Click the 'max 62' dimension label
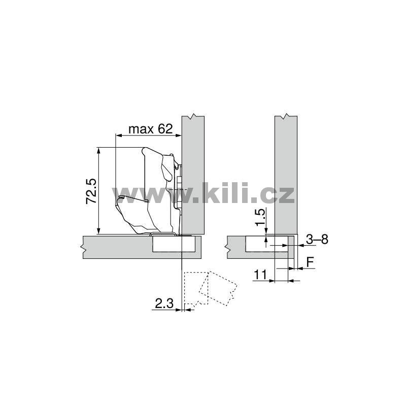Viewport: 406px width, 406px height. (x=150, y=129)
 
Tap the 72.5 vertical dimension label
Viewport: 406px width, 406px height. (x=91, y=191)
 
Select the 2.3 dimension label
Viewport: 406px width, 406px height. (x=164, y=303)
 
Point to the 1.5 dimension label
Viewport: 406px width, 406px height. (x=260, y=218)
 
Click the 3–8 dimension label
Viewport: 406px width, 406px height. (x=317, y=240)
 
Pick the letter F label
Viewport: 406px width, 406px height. (x=310, y=262)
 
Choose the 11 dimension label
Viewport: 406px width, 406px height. (x=260, y=275)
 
